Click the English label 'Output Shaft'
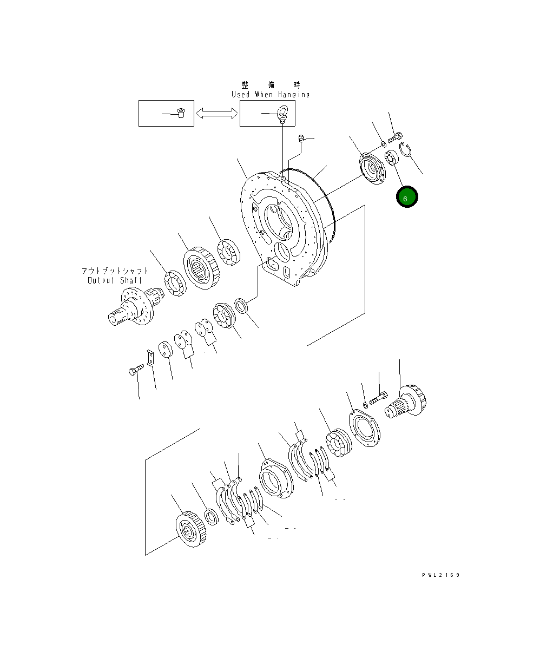(115, 280)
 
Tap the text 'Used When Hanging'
(271, 94)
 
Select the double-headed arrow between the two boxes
(216, 113)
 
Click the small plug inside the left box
(181, 113)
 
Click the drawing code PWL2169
(440, 575)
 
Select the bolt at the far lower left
(135, 371)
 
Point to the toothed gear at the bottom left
(190, 529)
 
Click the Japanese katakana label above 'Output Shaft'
(115, 271)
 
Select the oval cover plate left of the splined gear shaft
(364, 430)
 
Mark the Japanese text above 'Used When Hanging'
(271, 85)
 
